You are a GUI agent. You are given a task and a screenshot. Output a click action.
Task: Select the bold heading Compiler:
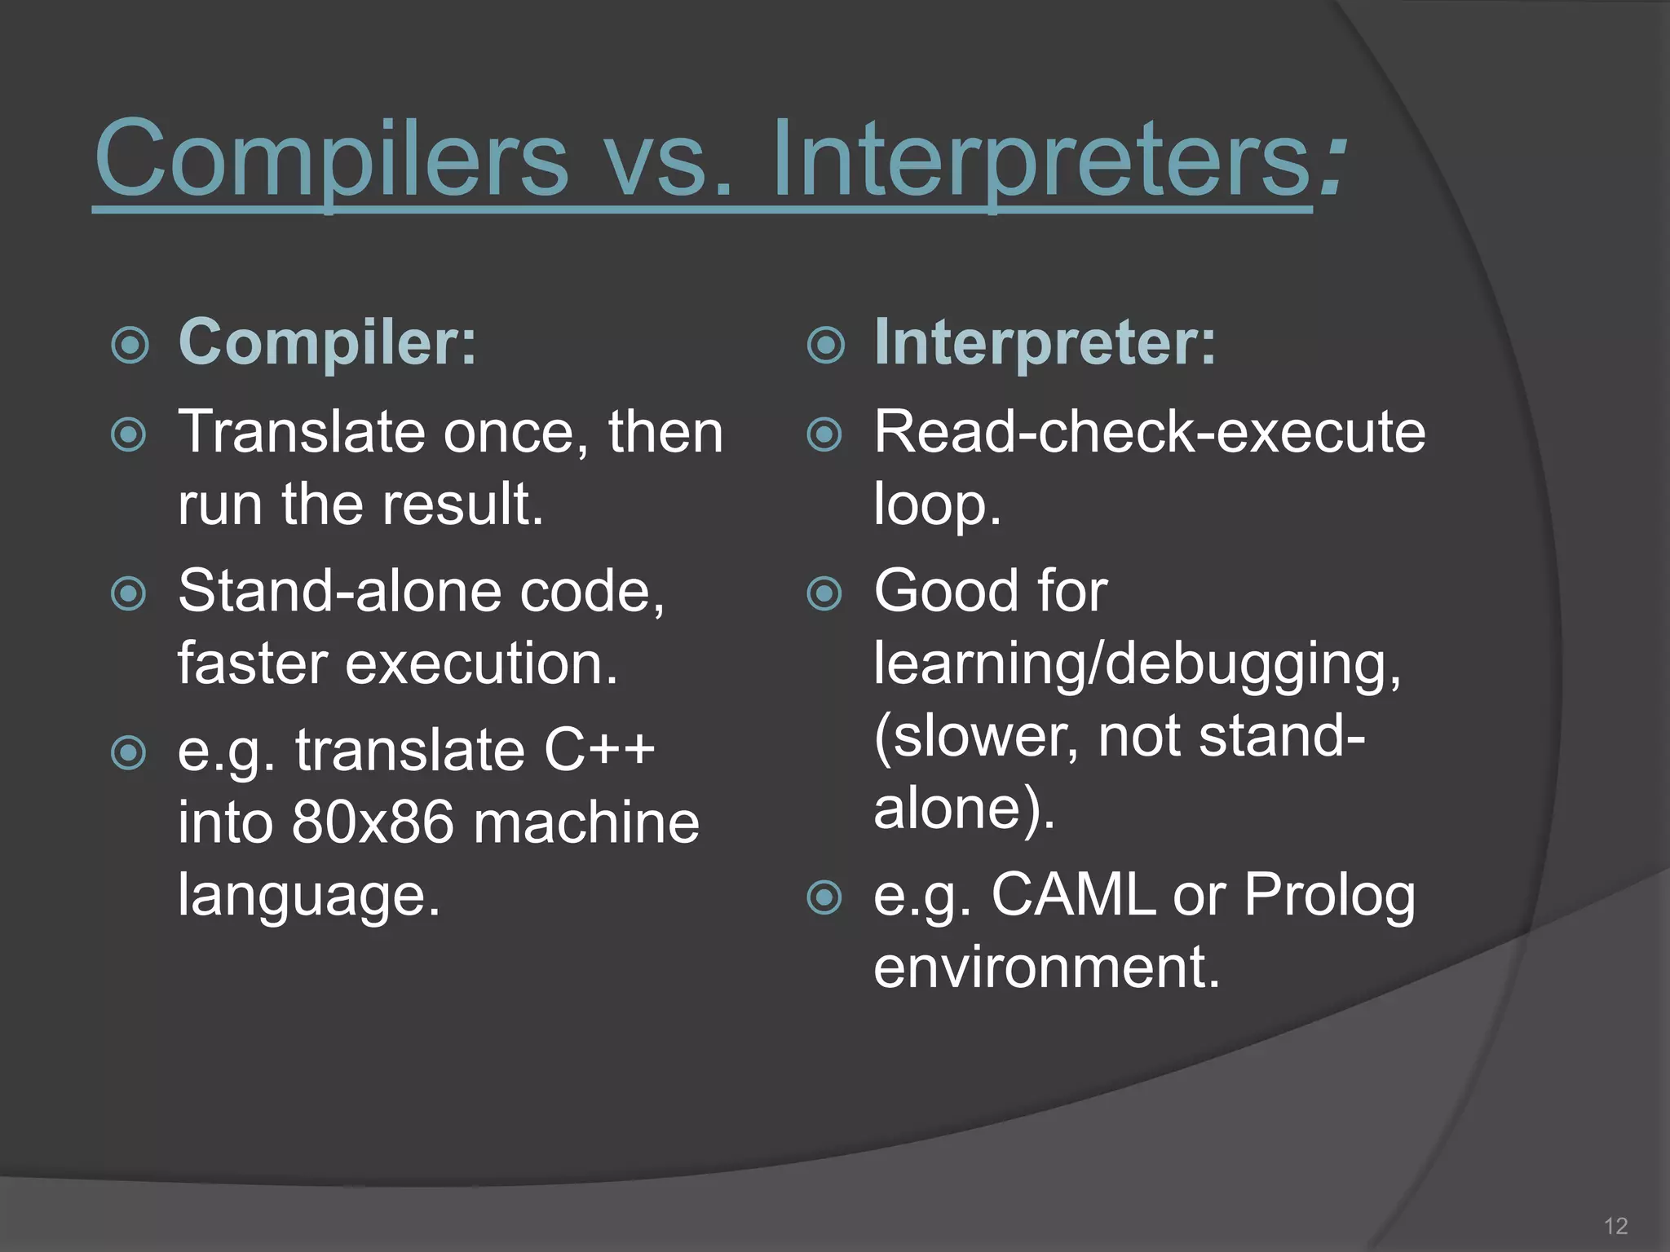tap(327, 342)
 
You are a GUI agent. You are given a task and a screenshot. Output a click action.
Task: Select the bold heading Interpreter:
tap(1045, 342)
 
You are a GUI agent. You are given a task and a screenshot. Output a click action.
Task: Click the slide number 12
tap(1615, 1226)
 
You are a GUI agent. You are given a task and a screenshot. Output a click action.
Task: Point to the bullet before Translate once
tap(129, 434)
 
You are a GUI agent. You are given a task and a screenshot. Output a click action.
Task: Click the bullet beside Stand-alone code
tap(129, 593)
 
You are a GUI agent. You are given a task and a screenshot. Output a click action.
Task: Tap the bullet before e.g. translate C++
tap(129, 753)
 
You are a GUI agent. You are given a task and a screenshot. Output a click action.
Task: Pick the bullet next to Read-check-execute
tap(824, 434)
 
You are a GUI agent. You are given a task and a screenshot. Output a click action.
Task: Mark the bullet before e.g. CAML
tap(824, 898)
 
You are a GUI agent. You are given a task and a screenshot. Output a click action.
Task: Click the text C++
tap(599, 750)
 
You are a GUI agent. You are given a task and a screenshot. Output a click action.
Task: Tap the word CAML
tap(1073, 895)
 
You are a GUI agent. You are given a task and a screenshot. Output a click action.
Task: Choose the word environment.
tap(1046, 967)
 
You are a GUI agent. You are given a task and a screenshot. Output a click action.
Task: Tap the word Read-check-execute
tap(1149, 432)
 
